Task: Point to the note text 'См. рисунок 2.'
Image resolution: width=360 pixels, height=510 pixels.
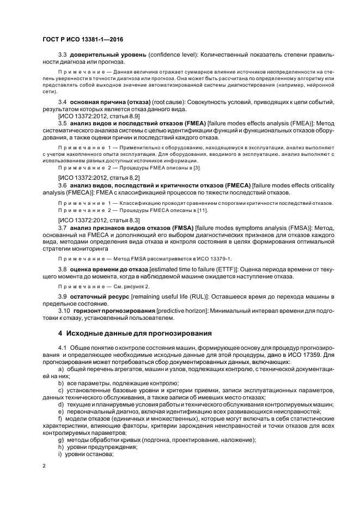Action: coord(120,285)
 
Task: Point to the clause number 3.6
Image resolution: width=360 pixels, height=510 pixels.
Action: coord(62,185)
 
